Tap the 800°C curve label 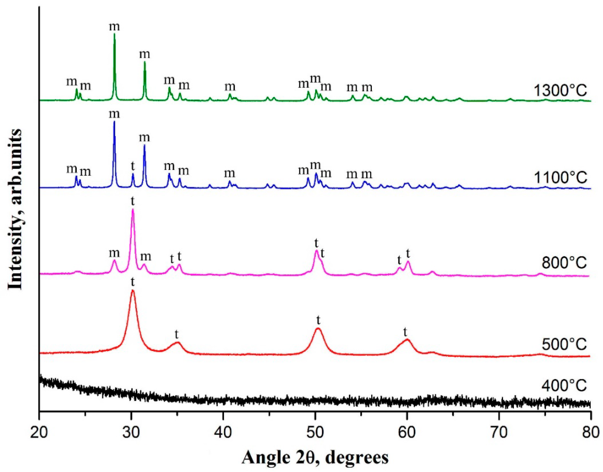point(564,263)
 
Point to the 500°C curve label point(564,344)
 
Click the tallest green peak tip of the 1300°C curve point(114,34)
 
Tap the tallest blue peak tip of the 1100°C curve point(114,122)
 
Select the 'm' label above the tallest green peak point(114,27)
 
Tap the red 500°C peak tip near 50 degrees point(318,329)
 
